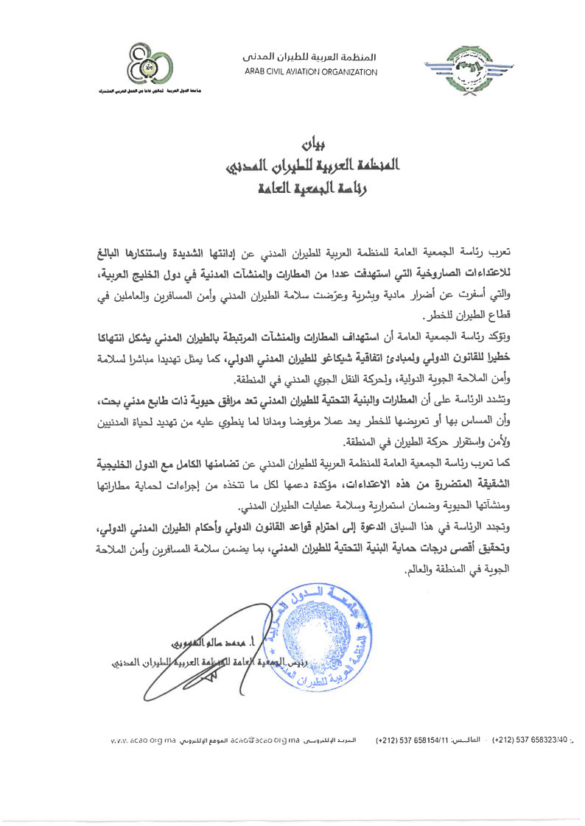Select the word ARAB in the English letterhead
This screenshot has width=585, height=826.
point(256,72)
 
